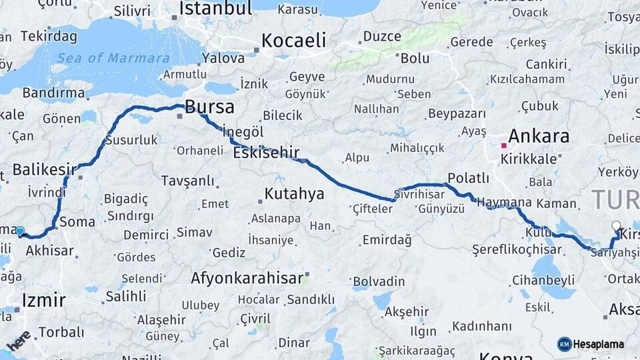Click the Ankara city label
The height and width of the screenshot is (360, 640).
[x=539, y=137]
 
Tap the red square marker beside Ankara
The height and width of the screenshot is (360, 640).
[x=504, y=145]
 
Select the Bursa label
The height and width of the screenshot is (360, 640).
[x=209, y=107]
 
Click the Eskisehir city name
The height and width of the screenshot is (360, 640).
[x=266, y=153]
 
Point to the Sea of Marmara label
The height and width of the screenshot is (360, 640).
[x=113, y=58]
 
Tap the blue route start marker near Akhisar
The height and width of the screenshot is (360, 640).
[x=20, y=231]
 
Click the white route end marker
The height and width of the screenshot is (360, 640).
[x=616, y=226]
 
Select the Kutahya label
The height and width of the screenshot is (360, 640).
[x=294, y=194]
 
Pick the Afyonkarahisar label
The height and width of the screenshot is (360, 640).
[x=247, y=278]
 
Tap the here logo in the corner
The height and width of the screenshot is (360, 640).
[x=19, y=340]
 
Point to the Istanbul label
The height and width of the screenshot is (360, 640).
[x=215, y=9]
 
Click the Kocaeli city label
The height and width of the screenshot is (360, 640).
[x=293, y=41]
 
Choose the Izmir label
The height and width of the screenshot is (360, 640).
[x=43, y=300]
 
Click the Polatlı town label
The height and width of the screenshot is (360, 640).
[x=468, y=178]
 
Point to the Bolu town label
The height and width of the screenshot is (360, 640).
[x=415, y=59]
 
